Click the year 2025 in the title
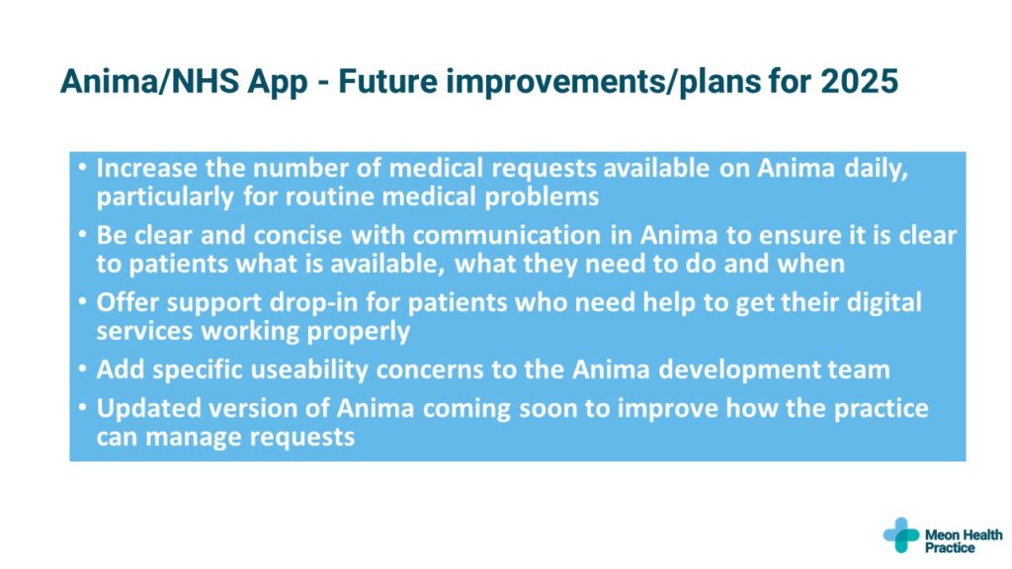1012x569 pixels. [859, 81]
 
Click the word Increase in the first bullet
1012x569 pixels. [146, 168]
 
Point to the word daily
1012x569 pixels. [877, 168]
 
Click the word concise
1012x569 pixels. [297, 235]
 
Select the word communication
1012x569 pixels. [507, 235]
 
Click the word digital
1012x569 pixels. [884, 302]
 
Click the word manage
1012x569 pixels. [194, 438]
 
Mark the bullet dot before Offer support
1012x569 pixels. [82, 301]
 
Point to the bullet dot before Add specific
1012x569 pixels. [82, 368]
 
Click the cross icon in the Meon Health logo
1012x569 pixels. [901, 534]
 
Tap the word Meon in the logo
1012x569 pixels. [943, 534]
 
